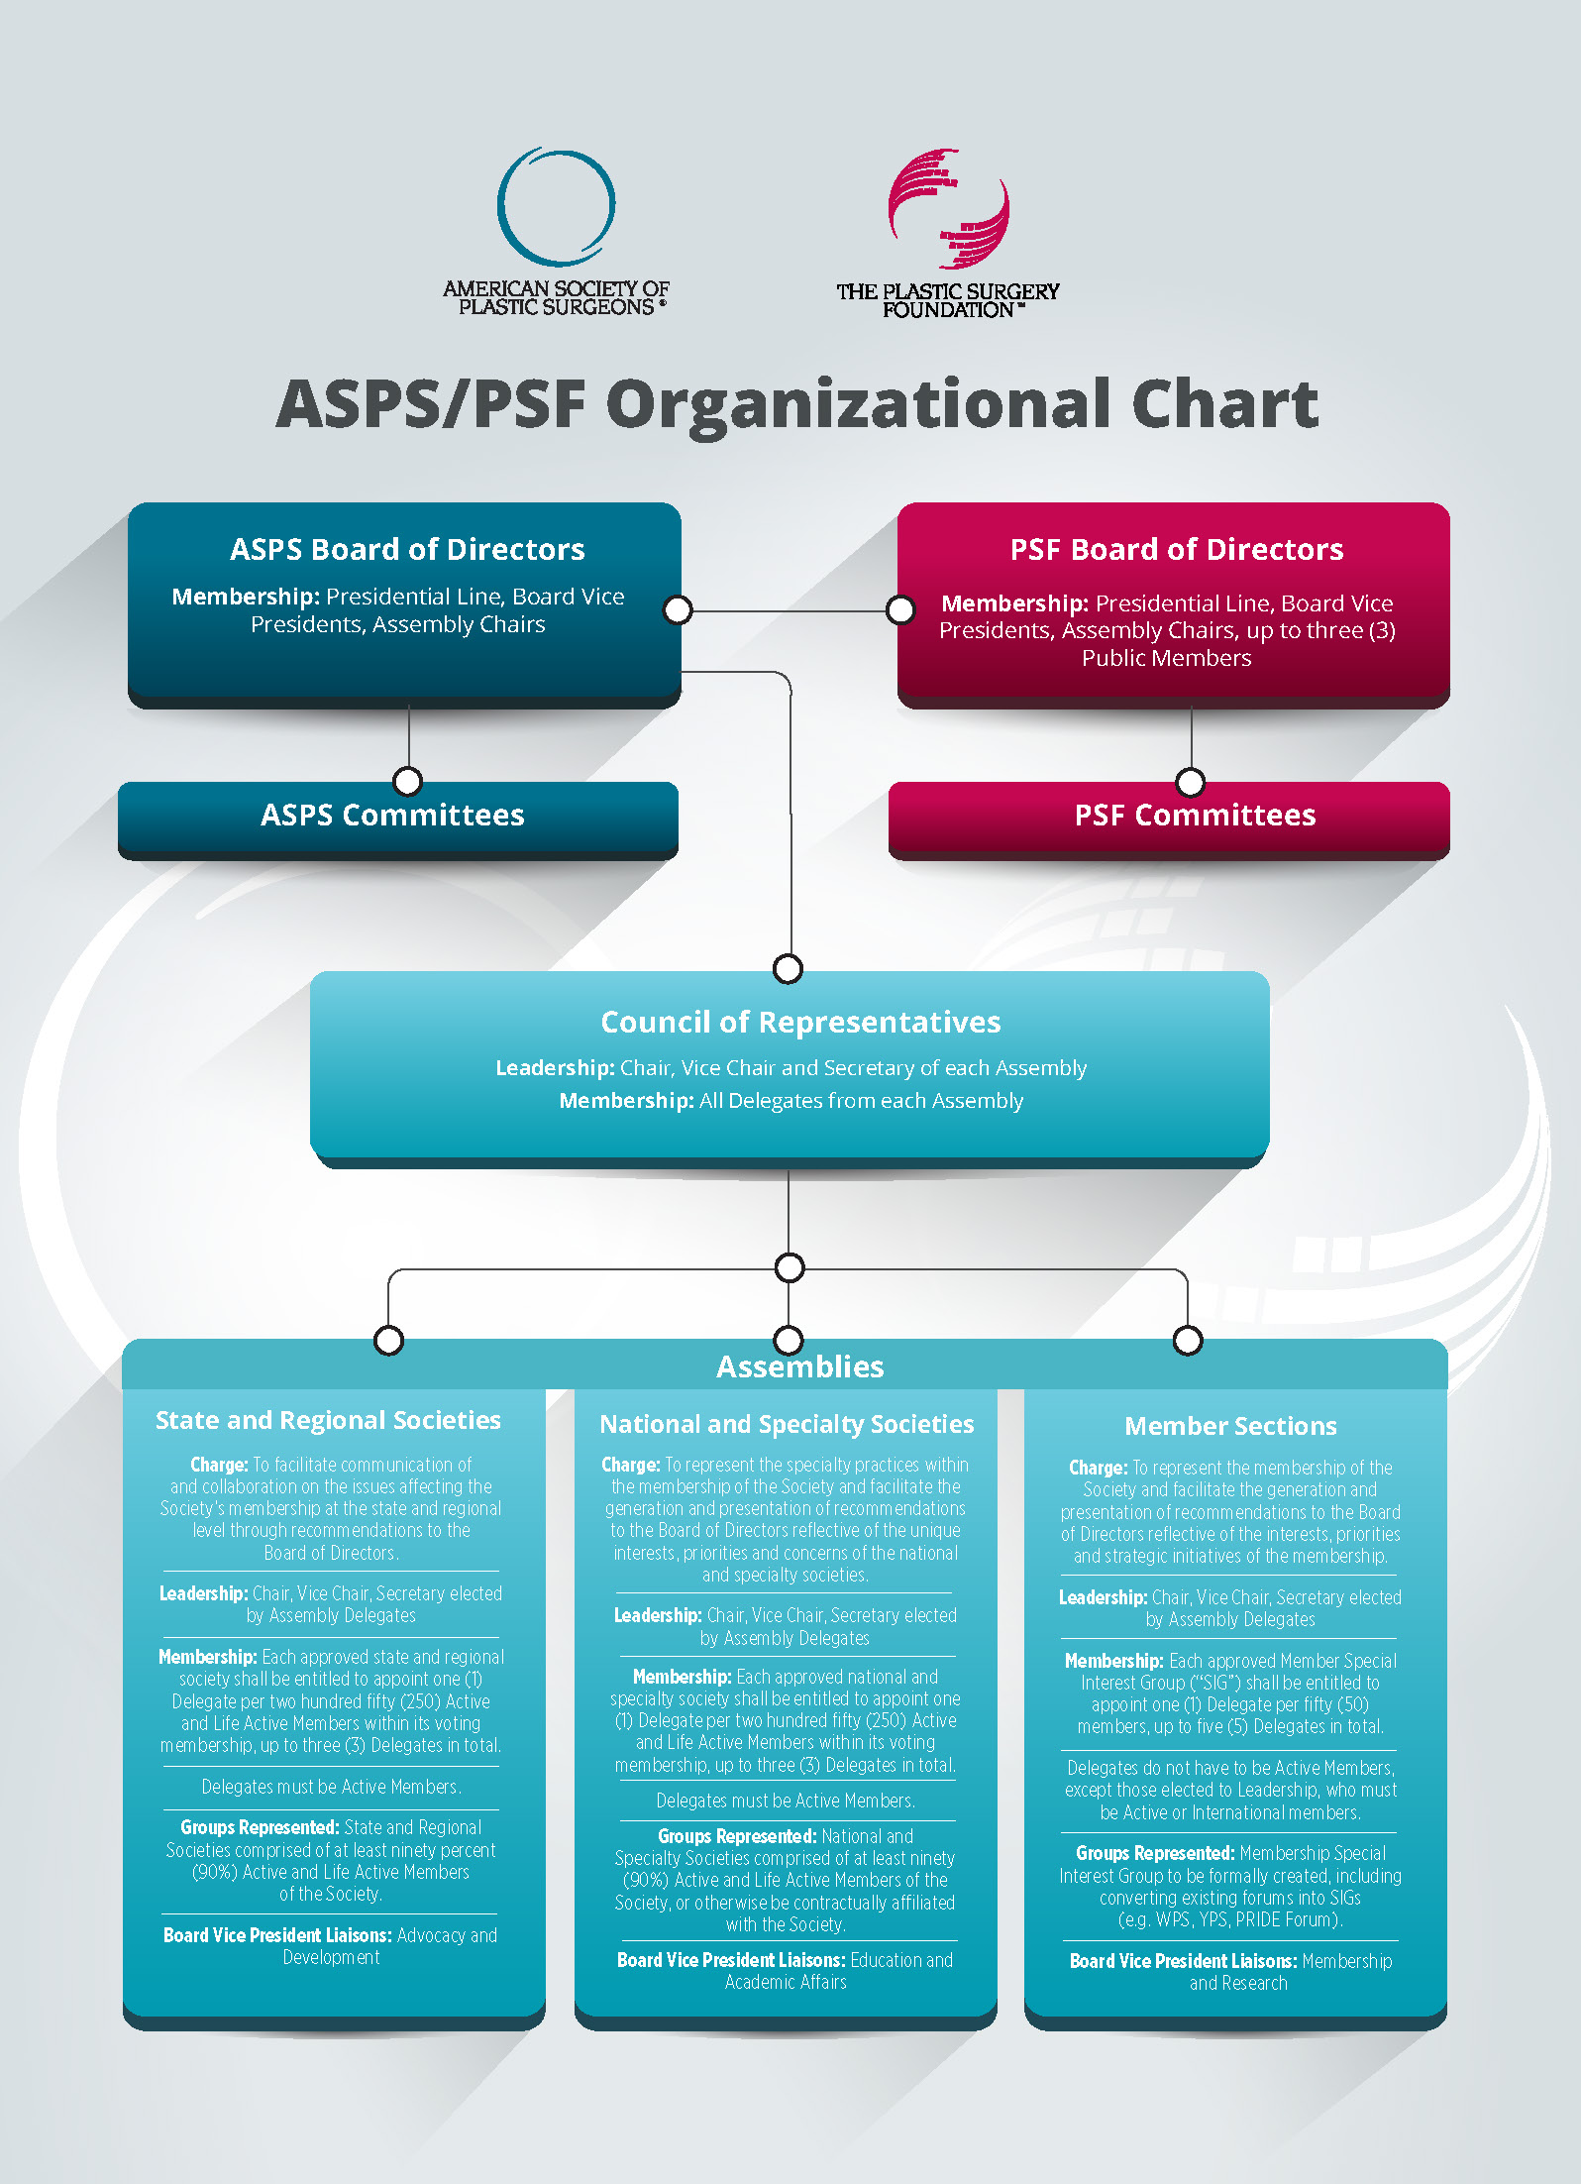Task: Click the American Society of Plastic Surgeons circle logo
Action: coord(556,206)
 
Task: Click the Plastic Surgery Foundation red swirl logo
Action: coord(948,209)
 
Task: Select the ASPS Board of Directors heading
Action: coord(407,549)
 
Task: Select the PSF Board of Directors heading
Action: coord(1176,549)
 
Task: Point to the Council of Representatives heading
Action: coord(800,1022)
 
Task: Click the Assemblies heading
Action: coord(800,1366)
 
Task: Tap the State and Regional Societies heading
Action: coord(328,1420)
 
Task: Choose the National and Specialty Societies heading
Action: coord(787,1424)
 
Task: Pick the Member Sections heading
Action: coord(1230,1426)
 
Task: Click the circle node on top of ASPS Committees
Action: coord(407,781)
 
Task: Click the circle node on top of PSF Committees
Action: coord(1191,782)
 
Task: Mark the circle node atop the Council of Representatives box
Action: coord(788,968)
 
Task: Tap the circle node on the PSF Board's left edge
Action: coord(900,609)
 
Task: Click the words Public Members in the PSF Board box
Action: coord(1166,658)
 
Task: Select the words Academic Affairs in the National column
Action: coord(786,1982)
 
